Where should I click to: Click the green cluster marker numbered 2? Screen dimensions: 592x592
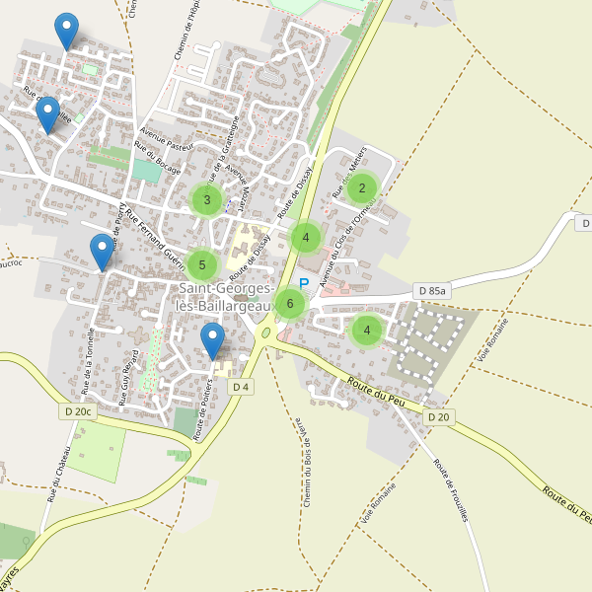[362, 187]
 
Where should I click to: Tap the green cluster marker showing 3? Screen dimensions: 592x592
[206, 200]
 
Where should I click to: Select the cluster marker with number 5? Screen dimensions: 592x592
[201, 263]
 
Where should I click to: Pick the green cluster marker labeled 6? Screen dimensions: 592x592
[289, 303]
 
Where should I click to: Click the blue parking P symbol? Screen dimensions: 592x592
[304, 283]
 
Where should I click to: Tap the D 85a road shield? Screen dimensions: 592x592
[432, 291]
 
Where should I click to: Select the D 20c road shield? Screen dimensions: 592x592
[79, 411]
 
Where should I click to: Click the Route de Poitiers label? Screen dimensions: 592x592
[205, 408]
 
